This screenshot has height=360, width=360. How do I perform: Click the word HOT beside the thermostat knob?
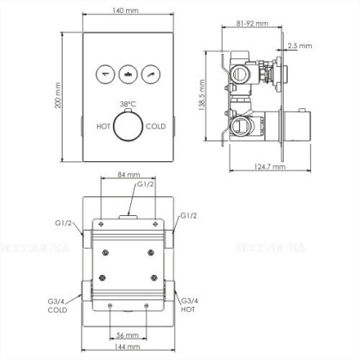point(103,126)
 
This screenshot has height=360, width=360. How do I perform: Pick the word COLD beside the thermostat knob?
point(155,126)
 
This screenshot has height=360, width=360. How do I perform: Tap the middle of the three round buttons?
point(129,74)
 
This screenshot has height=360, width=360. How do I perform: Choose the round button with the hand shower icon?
point(153,74)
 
